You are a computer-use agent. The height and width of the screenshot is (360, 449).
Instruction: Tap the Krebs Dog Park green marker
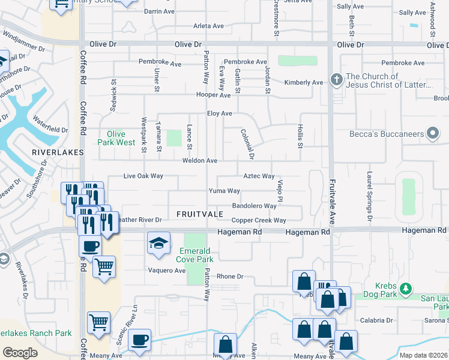(406, 289)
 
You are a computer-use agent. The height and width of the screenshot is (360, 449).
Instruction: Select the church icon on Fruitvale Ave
(337, 80)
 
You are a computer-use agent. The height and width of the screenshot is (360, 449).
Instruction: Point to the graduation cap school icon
(158, 243)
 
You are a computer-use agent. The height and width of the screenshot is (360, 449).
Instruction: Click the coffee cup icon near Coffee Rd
(91, 246)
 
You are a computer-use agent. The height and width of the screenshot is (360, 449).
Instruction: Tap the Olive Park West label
(116, 138)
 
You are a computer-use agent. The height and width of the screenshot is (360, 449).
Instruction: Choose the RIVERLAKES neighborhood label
(57, 153)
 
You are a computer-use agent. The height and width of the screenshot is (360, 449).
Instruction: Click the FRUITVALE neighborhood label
(200, 214)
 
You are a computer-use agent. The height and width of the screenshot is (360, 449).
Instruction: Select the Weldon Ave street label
(200, 161)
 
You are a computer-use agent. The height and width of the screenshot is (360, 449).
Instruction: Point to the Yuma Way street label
(224, 191)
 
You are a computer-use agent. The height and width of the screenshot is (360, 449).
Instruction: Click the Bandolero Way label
(254, 206)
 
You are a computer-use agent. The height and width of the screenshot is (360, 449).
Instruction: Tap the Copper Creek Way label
(259, 221)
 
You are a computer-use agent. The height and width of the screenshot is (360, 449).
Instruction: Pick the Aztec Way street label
(259, 176)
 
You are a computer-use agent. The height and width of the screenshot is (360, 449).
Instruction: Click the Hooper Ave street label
(213, 95)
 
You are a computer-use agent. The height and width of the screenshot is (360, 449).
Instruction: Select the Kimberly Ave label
(303, 83)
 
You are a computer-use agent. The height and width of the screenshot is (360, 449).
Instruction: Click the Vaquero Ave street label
(167, 271)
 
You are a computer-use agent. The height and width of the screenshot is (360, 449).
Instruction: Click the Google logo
(20, 353)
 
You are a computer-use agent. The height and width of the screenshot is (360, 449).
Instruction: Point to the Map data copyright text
(423, 355)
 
